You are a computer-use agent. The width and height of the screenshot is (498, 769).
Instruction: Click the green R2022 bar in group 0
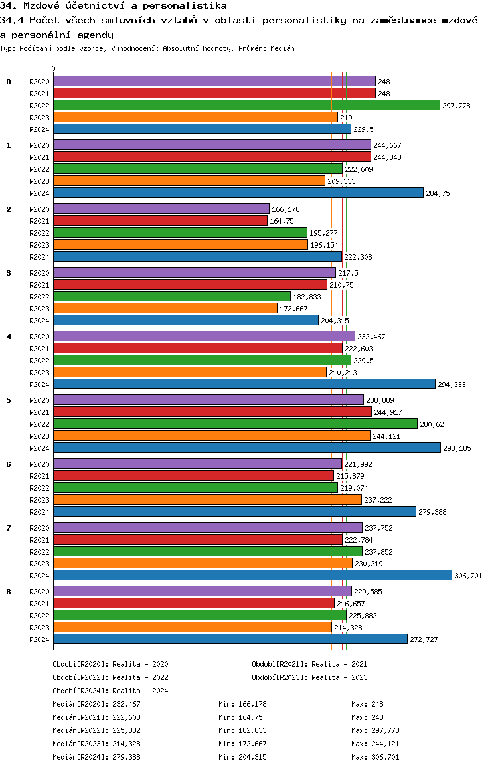pos(246,105)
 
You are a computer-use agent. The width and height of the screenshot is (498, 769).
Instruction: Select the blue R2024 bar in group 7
pos(252,575)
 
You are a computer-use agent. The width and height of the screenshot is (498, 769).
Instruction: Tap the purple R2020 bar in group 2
pos(161,209)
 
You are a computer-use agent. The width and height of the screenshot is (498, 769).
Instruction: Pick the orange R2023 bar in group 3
pos(165,308)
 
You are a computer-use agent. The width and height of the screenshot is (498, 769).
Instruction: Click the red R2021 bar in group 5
pos(212,412)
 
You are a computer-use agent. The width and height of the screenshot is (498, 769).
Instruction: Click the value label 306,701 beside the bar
pos(468,576)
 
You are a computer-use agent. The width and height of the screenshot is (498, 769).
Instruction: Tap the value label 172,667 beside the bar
pos(293,309)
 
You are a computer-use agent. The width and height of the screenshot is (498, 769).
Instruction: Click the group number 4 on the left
pos(9,337)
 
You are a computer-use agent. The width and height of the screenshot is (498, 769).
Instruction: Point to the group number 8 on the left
pos(9,592)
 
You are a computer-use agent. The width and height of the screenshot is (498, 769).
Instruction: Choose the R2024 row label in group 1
pos(40,193)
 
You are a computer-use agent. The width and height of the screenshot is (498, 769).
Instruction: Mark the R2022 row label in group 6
pos(40,488)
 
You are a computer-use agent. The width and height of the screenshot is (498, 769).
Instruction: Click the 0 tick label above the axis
pos(54,69)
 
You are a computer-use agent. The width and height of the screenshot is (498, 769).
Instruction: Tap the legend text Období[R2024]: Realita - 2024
pos(110,691)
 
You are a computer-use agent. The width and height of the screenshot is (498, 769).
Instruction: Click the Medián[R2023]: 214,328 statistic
pos(97,744)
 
